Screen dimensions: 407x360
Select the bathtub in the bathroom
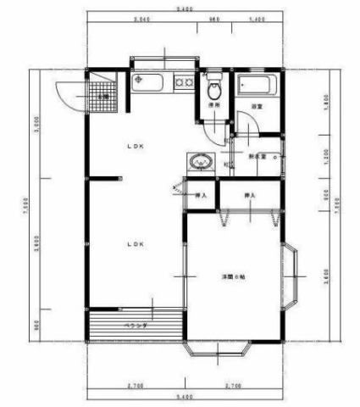(255, 86)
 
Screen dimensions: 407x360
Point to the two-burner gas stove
(182, 82)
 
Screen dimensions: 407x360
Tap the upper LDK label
(136, 147)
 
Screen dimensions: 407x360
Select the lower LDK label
(136, 244)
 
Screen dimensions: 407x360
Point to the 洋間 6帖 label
(234, 277)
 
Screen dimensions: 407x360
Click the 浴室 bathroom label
(255, 107)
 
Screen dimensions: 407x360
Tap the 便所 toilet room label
(214, 105)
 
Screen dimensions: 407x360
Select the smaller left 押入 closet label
(202, 196)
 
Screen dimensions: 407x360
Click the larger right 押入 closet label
(250, 196)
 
